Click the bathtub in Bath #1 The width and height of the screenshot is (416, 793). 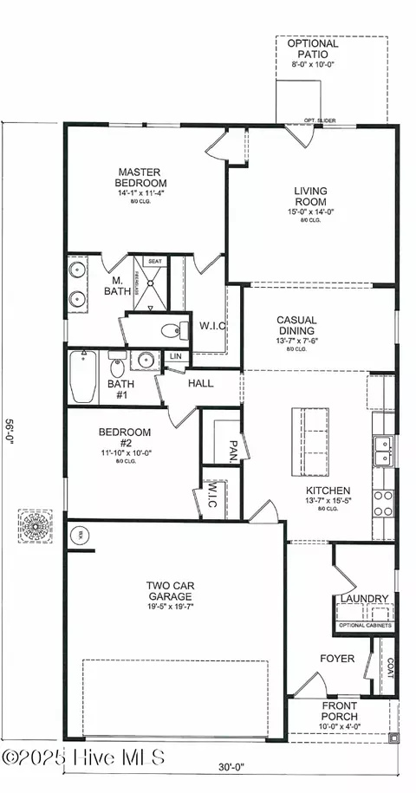83,378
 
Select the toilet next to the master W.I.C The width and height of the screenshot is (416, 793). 171,330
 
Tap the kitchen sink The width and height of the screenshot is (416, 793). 382,448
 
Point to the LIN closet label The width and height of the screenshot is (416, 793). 176,356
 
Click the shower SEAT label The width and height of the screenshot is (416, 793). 155,261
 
